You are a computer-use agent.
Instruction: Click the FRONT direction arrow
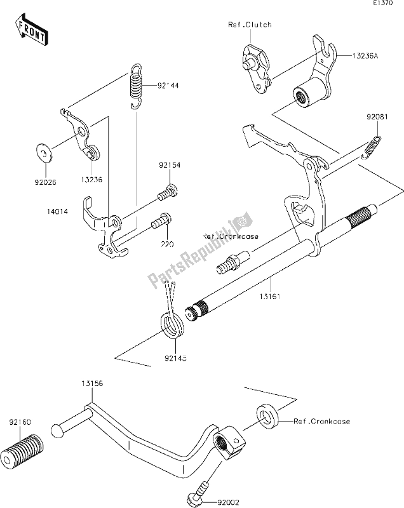(30, 30)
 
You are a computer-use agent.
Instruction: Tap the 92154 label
(170, 165)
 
